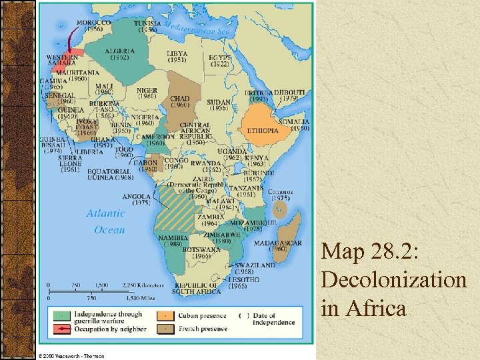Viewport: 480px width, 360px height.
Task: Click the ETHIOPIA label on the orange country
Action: click(x=263, y=131)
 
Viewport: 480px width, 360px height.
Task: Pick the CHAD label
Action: click(x=180, y=99)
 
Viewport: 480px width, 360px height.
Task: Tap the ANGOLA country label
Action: click(x=136, y=197)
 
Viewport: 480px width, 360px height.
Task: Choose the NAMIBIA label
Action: click(x=171, y=238)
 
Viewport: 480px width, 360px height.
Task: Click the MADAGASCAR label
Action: click(x=286, y=243)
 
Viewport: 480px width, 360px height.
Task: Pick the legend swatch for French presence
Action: click(x=165, y=329)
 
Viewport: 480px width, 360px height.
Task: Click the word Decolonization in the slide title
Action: click(x=393, y=280)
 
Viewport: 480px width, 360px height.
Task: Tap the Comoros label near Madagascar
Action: click(x=280, y=192)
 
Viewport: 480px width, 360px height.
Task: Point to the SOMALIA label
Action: click(x=294, y=122)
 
